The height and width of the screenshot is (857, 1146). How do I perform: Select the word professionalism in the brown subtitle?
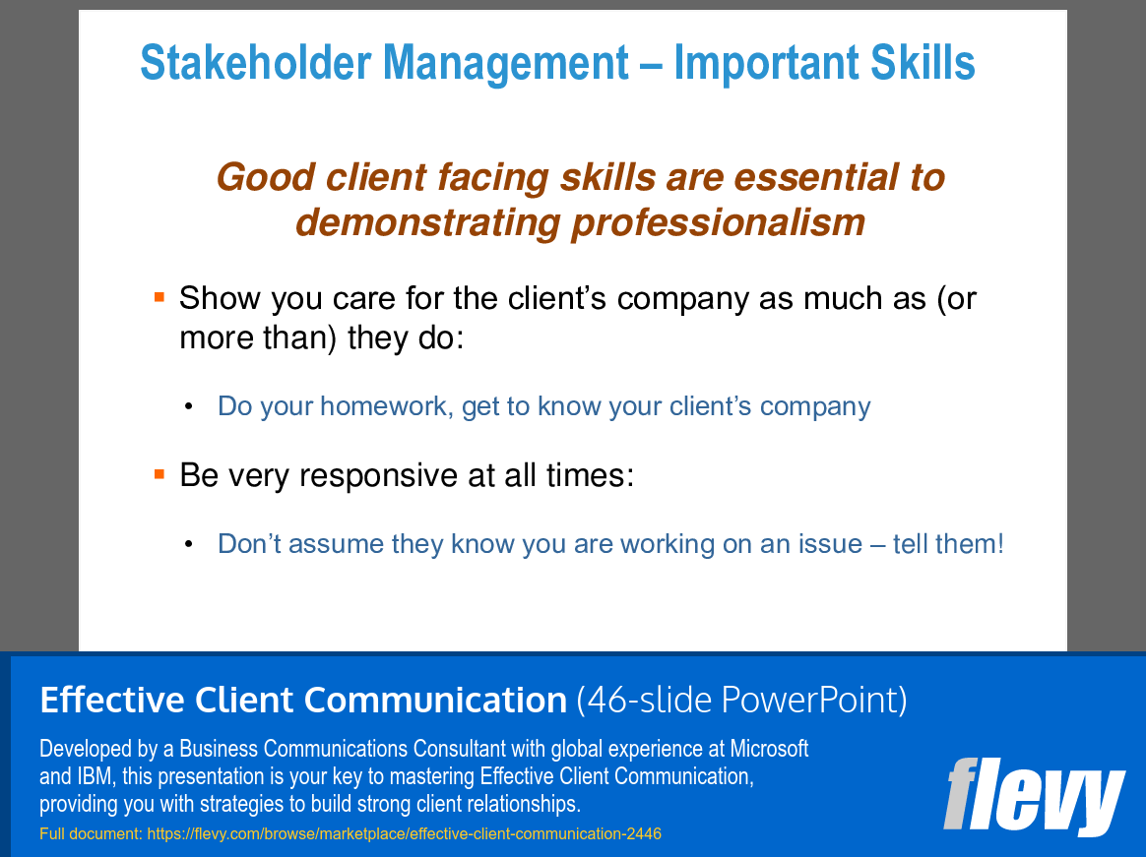point(718,221)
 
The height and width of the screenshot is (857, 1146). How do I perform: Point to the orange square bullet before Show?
point(159,296)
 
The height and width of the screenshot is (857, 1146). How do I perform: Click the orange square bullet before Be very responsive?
point(159,474)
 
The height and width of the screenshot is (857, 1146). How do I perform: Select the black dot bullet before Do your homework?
point(189,407)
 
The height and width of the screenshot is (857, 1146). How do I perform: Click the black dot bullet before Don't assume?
point(189,544)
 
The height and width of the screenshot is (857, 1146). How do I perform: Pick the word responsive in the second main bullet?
point(372,475)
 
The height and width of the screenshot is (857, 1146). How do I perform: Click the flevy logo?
point(1034,794)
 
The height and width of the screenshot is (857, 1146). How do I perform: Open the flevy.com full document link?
point(404,833)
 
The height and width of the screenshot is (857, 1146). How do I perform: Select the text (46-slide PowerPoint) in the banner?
point(741,700)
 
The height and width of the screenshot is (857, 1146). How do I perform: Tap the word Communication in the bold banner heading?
point(435,700)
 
